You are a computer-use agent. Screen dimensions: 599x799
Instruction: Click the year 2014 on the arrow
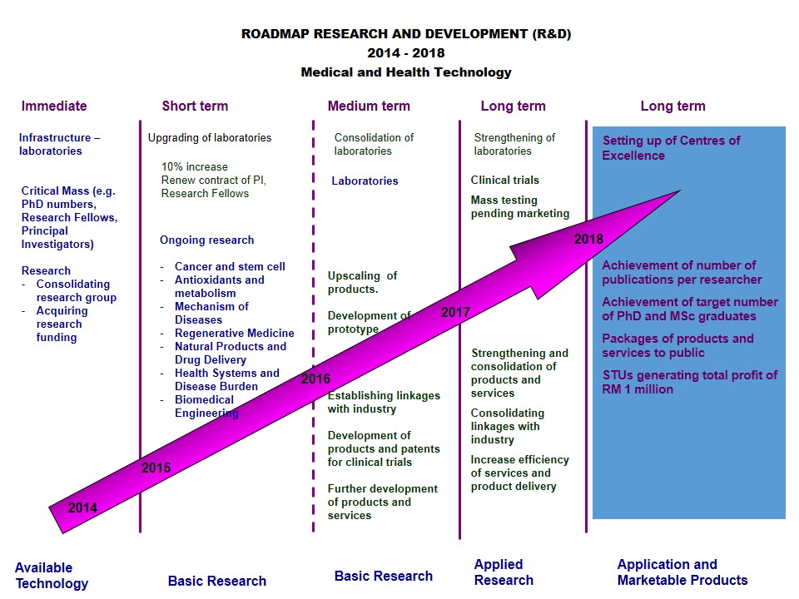coord(82,508)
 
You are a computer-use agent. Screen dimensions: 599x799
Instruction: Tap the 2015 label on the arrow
coord(156,468)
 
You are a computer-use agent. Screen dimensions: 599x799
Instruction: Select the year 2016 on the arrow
coord(315,379)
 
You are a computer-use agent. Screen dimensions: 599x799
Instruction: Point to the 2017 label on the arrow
coord(455,313)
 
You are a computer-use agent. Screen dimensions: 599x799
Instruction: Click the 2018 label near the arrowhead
coord(588,240)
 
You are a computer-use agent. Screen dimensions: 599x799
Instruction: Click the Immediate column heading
coord(54,106)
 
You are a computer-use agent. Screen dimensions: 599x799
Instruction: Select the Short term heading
coord(195,106)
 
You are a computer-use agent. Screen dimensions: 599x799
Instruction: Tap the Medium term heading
coord(369,106)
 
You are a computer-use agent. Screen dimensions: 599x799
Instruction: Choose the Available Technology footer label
coord(51,576)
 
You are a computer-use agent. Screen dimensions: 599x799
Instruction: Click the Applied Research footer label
coord(504,572)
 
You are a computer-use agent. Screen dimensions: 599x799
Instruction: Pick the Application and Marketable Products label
coord(682,572)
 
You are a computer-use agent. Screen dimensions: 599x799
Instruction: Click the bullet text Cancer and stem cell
coord(230,267)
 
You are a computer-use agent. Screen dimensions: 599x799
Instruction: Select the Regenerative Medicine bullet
coord(234,334)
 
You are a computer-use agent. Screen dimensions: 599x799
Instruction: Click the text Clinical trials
coord(504,181)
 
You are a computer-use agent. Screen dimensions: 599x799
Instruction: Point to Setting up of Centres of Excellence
coord(671,148)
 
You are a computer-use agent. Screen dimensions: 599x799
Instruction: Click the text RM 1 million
coord(638,389)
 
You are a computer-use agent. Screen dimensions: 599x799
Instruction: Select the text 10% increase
coord(194,167)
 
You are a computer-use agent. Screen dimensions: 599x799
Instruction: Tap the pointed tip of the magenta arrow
coord(680,191)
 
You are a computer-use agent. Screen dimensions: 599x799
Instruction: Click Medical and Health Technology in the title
coord(406,72)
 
